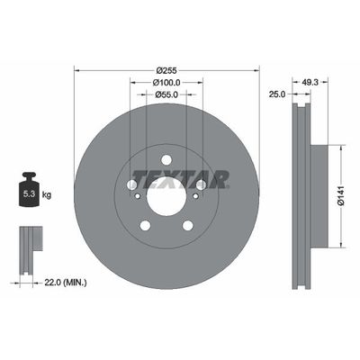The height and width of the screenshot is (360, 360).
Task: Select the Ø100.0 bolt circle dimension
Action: (x=166, y=82)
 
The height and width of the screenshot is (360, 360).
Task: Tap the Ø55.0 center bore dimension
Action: (x=166, y=94)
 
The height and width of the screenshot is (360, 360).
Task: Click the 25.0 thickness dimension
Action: (x=277, y=94)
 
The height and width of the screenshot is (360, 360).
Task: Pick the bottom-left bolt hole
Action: (x=144, y=224)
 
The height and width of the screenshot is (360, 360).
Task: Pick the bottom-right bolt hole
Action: (x=187, y=224)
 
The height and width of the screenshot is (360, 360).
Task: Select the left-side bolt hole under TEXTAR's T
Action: (x=131, y=184)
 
